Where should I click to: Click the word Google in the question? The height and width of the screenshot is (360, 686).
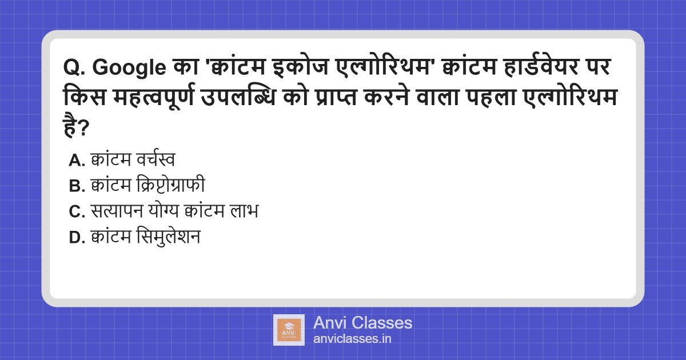129,67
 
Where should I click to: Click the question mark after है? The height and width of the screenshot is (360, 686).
83,128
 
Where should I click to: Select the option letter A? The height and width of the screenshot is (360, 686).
77,160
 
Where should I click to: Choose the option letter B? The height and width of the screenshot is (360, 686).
77,186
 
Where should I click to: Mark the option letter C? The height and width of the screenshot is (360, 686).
77,211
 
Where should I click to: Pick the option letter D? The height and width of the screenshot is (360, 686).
77,238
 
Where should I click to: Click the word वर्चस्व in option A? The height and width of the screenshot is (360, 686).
155,159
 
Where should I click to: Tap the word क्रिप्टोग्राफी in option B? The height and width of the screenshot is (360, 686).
170,185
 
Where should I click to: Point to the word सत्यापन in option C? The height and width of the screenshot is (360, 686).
117,210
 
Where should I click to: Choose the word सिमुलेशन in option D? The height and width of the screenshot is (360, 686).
169,237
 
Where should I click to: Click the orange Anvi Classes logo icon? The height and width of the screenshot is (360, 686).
289,330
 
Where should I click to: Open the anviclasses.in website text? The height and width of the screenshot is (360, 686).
352,338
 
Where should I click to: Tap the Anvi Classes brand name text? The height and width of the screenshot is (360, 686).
362,323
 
